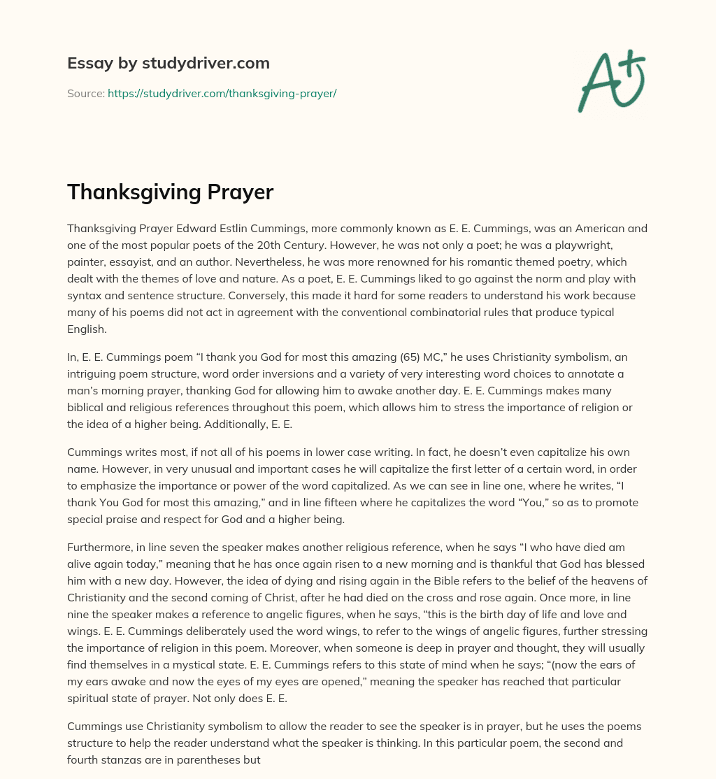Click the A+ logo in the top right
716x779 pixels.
coord(611,81)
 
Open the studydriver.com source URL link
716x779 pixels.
coord(222,93)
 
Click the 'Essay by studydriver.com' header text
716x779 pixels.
coord(168,63)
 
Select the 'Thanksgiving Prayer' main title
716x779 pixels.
coord(170,192)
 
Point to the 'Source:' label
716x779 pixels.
coord(85,93)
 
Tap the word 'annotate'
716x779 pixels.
coord(602,373)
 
